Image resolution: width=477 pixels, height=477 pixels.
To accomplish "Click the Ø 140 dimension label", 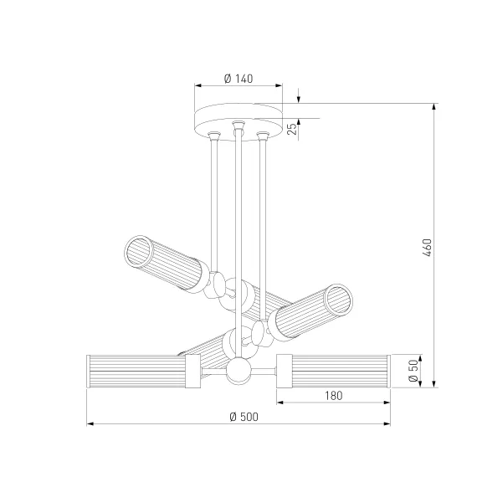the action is tap(238, 79).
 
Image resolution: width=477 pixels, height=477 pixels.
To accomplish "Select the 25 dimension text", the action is tap(291, 129).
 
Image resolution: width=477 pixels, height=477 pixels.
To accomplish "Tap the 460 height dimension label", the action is tap(427, 248).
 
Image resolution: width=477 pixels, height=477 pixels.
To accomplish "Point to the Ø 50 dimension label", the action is tap(413, 371).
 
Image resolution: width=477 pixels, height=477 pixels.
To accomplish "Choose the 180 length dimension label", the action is tap(333, 396).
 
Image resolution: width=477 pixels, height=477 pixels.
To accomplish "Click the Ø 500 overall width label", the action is tap(244, 417).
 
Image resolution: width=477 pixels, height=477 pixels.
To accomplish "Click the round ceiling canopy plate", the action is tap(238, 121).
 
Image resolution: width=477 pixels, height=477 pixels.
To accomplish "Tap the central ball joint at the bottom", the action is tap(238, 371).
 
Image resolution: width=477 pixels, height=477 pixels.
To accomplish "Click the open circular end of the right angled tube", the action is tap(338, 300).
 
